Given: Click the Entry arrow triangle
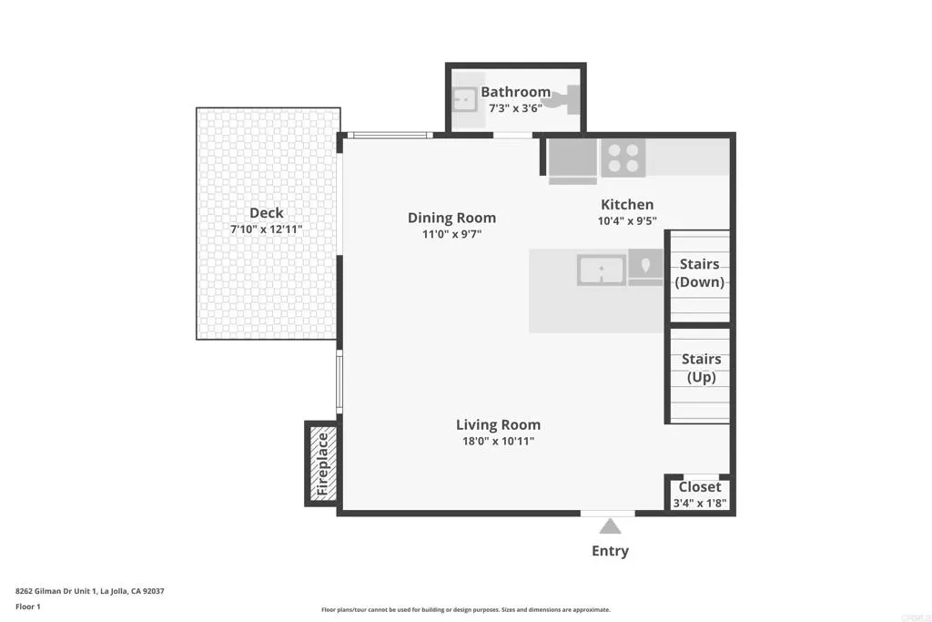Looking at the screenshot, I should click(x=610, y=526).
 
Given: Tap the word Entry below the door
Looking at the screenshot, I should click(x=610, y=551).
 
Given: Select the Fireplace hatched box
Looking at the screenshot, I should click(x=321, y=464).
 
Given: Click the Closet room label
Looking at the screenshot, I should click(x=699, y=487).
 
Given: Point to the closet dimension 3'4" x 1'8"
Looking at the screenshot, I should click(x=699, y=503).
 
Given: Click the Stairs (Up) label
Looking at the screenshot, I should click(x=701, y=368).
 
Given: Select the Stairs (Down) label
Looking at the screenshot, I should click(x=700, y=272).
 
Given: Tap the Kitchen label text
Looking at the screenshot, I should click(x=626, y=205).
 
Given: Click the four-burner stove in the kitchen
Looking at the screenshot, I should click(x=623, y=158).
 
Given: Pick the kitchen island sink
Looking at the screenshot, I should click(x=601, y=270).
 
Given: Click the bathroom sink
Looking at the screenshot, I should click(x=466, y=97).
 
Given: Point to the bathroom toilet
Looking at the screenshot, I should click(x=567, y=98).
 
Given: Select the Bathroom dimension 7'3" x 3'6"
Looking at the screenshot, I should click(x=515, y=107).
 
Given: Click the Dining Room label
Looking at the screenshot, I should click(x=451, y=218).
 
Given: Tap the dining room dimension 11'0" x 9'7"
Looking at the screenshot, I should click(x=451, y=234).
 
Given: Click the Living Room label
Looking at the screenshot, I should click(x=498, y=425).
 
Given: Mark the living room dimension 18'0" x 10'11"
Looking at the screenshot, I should click(x=498, y=442).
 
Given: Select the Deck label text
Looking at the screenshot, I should click(x=267, y=213).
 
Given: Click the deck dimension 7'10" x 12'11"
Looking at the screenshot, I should click(x=267, y=229).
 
